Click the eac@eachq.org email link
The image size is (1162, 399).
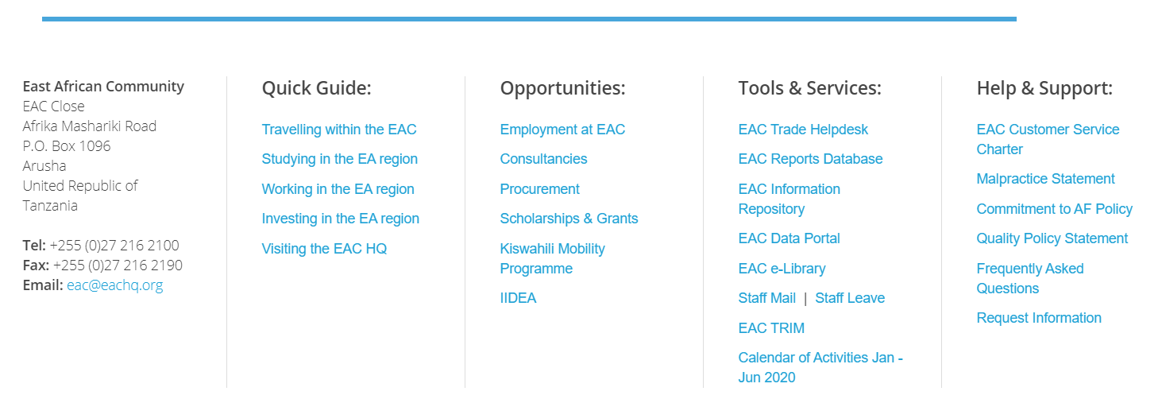click(114, 285)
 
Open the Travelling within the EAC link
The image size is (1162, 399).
click(338, 130)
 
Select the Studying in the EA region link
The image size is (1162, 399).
click(339, 159)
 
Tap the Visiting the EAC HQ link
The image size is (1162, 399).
click(324, 249)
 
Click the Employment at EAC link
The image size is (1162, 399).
click(562, 130)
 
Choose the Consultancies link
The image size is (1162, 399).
click(543, 159)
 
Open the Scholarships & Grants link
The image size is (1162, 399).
click(569, 219)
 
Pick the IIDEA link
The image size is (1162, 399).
click(518, 298)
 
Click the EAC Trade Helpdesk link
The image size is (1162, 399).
click(803, 130)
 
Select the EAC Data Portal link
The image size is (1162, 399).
click(789, 238)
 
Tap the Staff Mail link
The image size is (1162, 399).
click(766, 298)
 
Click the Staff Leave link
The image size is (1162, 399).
click(850, 298)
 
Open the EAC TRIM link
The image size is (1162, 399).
click(771, 328)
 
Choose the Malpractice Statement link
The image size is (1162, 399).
click(1045, 179)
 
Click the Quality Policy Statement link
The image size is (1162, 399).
click(1052, 238)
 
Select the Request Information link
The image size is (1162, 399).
click(1039, 318)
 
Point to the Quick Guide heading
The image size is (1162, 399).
click(316, 88)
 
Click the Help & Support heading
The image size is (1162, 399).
click(1044, 89)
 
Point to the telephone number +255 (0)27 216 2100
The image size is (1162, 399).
click(114, 246)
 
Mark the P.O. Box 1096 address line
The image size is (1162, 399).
click(67, 146)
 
